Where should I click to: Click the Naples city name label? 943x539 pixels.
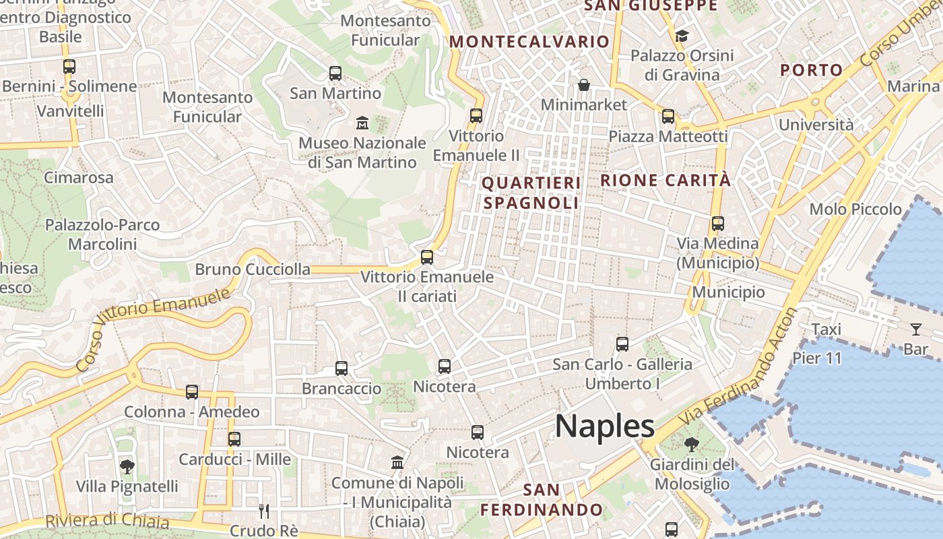click(x=604, y=426)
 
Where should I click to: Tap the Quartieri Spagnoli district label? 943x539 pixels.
click(x=531, y=193)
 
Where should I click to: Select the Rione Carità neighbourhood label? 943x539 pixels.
click(x=665, y=181)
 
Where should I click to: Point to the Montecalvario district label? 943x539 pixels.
click(x=529, y=42)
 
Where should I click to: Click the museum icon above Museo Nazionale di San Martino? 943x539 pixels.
click(x=362, y=123)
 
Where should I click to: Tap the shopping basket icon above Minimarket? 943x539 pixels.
click(x=584, y=85)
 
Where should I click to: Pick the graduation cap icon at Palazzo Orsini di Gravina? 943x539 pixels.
click(x=682, y=36)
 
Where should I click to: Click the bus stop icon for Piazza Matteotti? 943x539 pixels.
click(x=668, y=117)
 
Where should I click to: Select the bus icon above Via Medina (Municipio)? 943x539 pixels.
click(x=718, y=224)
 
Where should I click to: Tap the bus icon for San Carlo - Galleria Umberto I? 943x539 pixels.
click(x=622, y=344)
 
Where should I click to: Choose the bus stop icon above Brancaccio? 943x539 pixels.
click(x=342, y=369)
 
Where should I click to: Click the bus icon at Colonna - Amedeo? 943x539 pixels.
click(x=192, y=392)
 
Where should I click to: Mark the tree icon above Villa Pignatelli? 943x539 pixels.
click(x=127, y=466)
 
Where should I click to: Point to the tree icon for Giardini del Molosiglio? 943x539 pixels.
click(x=692, y=445)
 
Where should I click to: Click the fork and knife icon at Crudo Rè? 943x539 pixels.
click(x=264, y=511)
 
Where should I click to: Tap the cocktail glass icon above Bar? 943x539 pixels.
click(x=916, y=329)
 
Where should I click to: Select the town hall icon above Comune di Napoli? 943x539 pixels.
click(x=397, y=463)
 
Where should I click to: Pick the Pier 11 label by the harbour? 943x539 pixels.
click(x=818, y=358)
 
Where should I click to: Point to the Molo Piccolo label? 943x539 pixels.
click(x=855, y=210)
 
